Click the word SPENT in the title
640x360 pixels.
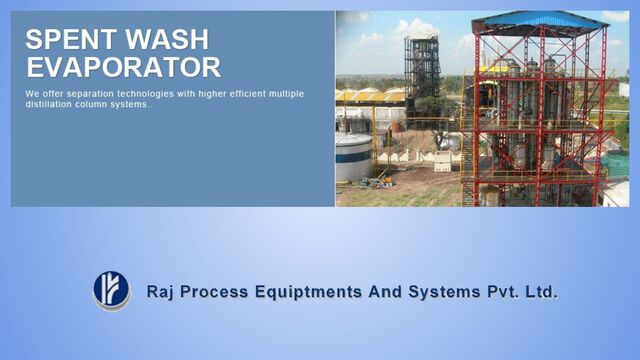point(65,40)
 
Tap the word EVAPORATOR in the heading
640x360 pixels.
point(123,67)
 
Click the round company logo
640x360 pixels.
point(111,289)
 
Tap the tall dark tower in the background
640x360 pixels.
point(421,70)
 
